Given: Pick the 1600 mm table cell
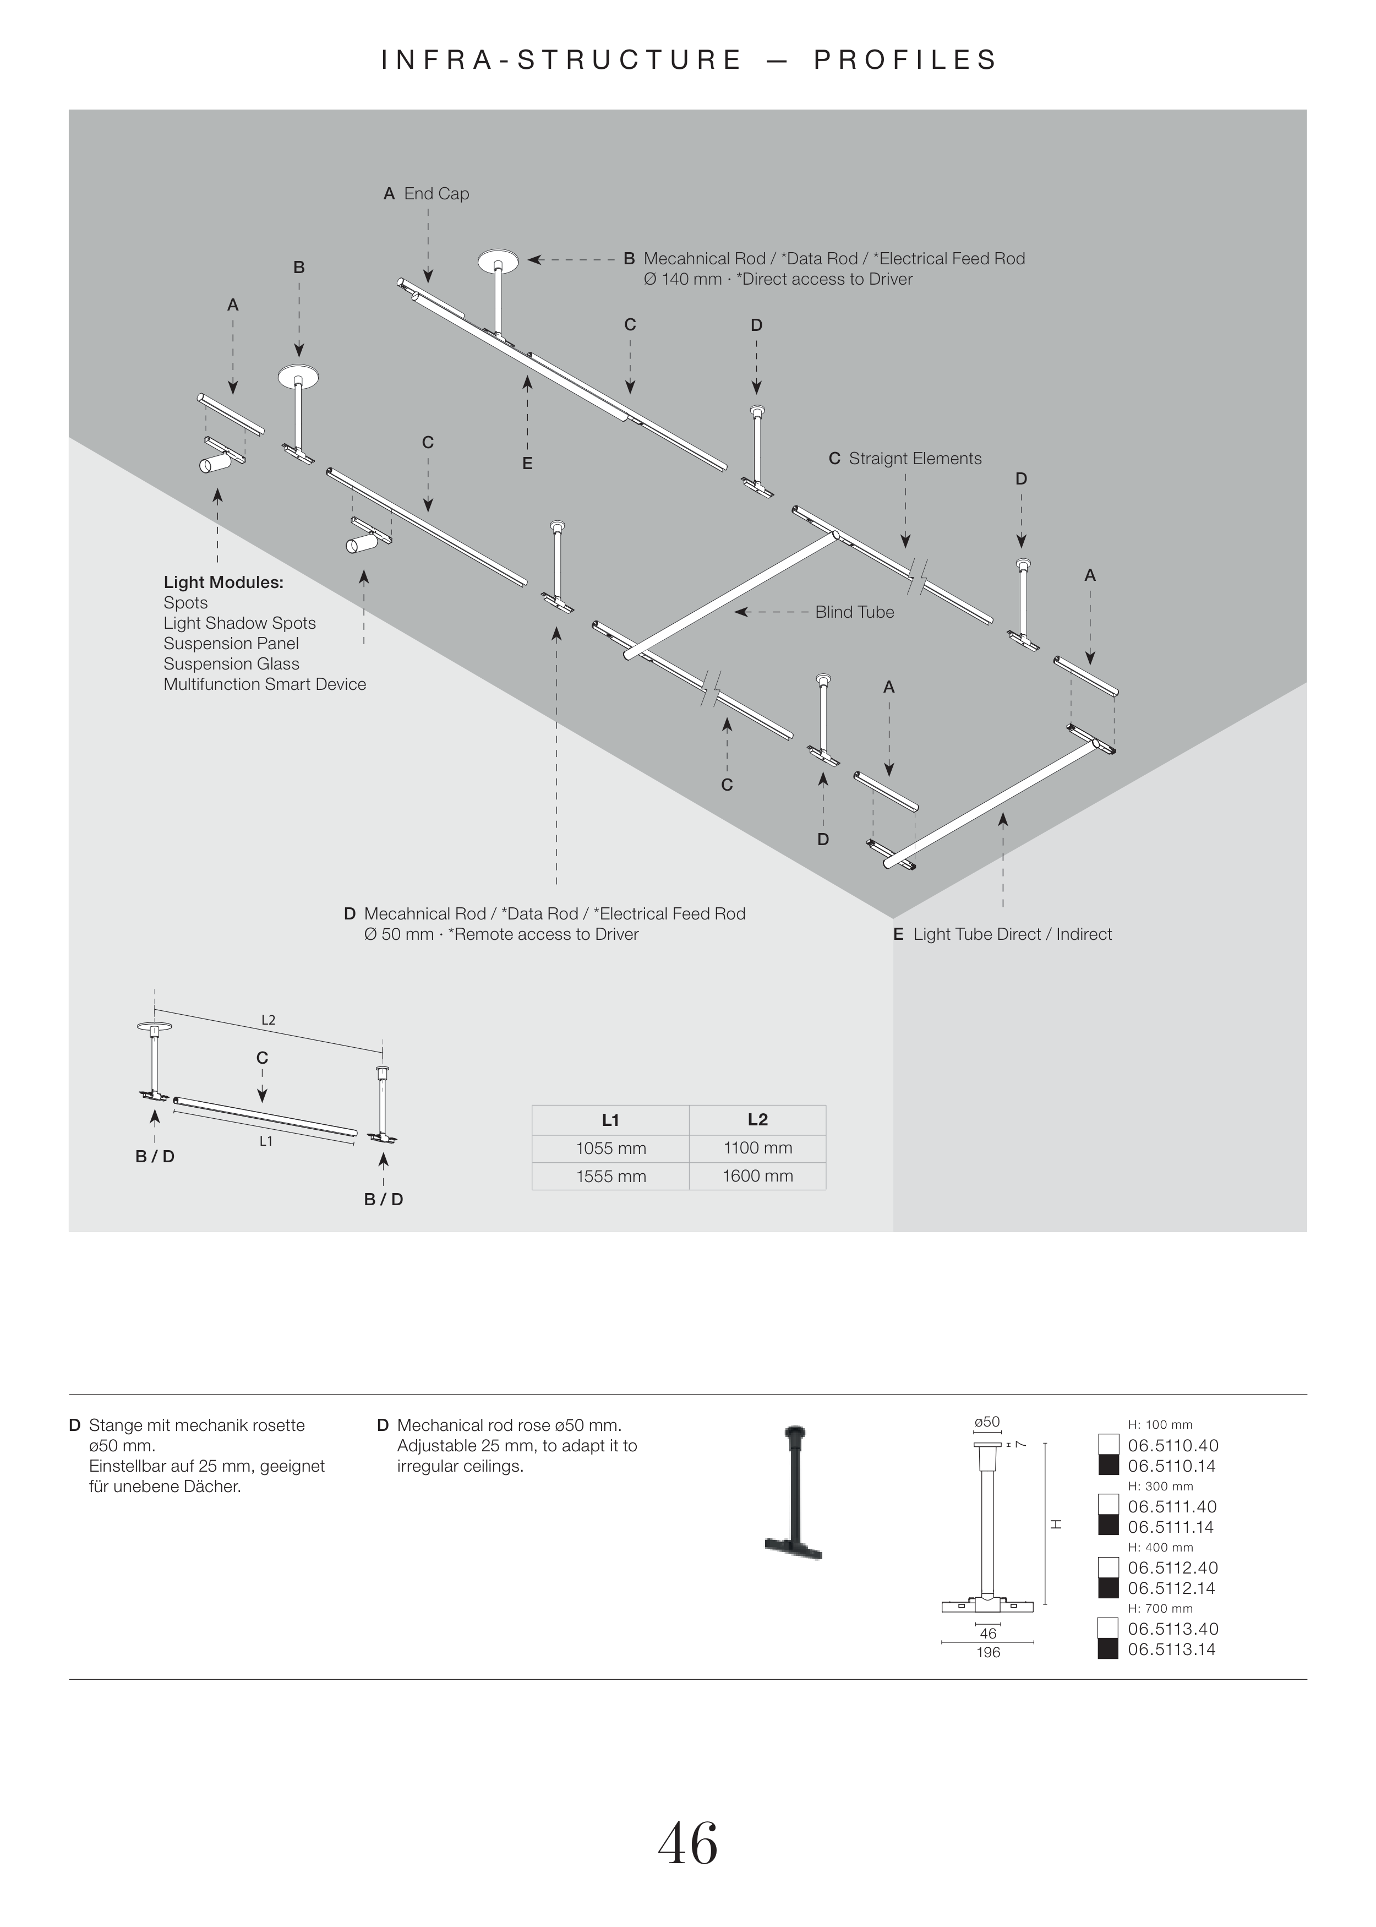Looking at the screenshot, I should click(x=757, y=1176).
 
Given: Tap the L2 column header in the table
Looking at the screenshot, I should click(x=757, y=1119).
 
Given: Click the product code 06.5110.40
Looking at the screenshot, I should click(x=1173, y=1446).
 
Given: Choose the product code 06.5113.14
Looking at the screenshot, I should click(x=1173, y=1649).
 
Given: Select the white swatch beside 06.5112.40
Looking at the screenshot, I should click(x=1109, y=1567).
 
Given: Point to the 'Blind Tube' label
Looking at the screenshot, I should click(x=854, y=612).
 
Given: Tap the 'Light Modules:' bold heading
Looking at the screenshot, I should click(x=223, y=582).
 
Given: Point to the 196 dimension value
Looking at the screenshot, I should click(x=988, y=1652).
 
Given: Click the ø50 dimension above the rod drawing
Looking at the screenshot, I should click(x=987, y=1422).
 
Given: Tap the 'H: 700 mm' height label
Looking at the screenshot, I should click(x=1160, y=1608).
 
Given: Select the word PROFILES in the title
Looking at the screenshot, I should click(x=906, y=60).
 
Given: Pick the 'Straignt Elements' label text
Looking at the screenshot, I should click(x=915, y=459).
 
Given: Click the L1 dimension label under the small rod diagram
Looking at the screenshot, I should click(x=266, y=1141).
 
